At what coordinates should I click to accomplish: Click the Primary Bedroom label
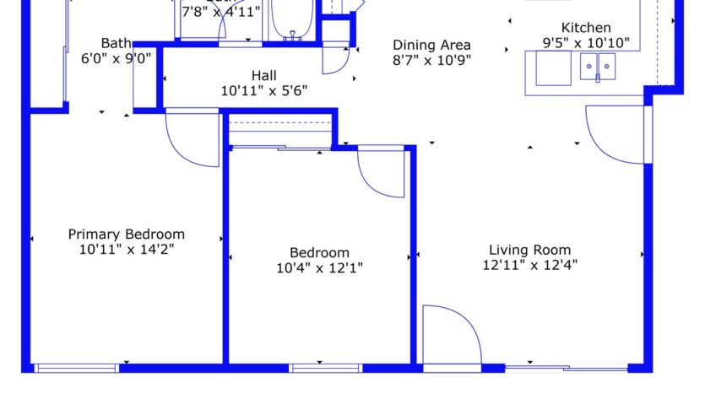(126, 235)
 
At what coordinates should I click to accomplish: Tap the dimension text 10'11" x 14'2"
(126, 249)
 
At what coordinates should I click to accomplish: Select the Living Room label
(529, 250)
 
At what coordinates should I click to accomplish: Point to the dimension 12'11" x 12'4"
(529, 264)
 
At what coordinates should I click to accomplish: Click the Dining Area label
(431, 45)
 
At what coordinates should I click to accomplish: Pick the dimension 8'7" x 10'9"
(431, 60)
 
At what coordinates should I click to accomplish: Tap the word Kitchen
(586, 28)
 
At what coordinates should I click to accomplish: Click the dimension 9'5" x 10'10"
(586, 42)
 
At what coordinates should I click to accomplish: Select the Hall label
(264, 75)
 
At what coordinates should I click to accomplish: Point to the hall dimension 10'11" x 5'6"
(264, 90)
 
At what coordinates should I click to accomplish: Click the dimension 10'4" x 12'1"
(320, 268)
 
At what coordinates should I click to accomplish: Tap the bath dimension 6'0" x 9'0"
(116, 59)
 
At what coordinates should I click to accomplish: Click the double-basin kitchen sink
(598, 66)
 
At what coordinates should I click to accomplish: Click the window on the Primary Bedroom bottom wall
(77, 368)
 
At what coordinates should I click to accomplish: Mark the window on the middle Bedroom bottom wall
(325, 368)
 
